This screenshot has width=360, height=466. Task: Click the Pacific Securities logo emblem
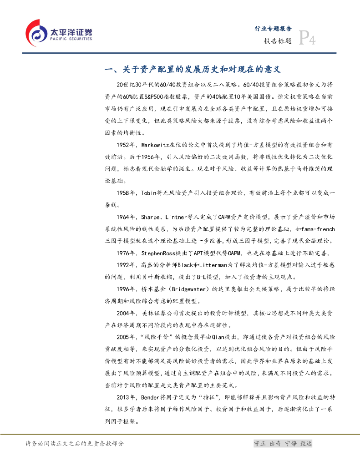(36, 32)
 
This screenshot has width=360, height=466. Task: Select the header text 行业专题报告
(273, 28)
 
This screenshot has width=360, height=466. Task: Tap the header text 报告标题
(277, 41)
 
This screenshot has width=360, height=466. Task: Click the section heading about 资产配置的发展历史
(193, 70)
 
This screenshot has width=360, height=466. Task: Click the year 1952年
(126, 145)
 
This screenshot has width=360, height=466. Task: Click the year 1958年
(126, 193)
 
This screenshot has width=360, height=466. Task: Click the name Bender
(152, 397)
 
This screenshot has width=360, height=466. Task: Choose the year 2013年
(126, 397)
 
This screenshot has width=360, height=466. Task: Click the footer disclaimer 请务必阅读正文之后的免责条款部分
(75, 444)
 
